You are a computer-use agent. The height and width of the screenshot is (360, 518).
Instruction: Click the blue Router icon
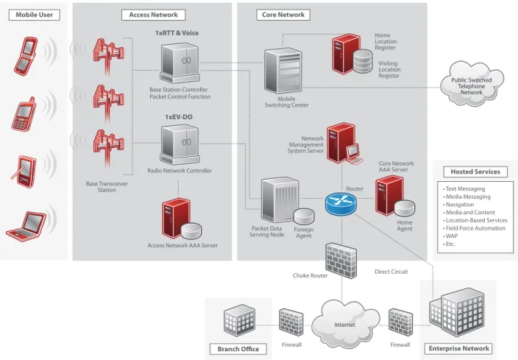pos(341,205)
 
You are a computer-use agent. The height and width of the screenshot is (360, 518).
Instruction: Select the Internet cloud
pos(345,323)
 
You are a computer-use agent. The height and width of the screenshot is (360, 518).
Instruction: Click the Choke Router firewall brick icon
pos(341,261)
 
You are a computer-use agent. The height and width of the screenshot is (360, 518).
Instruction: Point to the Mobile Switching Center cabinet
pos(283,71)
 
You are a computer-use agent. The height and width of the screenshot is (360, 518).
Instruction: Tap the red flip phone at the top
pos(26,56)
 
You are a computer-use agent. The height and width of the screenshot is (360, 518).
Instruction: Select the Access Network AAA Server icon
pos(181,219)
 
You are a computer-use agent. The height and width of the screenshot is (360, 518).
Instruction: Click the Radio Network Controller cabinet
pos(180,144)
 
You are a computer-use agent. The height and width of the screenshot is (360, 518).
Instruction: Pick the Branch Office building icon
pos(240,320)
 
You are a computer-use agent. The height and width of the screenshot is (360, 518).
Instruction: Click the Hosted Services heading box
pos(475,172)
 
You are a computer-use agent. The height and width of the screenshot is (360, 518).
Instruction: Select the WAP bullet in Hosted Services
pos(450,236)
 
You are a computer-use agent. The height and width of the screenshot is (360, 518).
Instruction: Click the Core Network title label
pos(283,15)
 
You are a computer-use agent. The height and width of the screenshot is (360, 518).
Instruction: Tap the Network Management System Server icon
pos(344,144)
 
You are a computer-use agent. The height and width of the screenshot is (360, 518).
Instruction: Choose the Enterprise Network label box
pos(459,348)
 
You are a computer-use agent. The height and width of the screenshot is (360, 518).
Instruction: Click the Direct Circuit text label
pos(391,272)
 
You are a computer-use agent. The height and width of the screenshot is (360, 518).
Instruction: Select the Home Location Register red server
pos(346,54)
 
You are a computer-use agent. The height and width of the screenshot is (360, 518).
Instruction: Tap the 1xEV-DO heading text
pos(179,117)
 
